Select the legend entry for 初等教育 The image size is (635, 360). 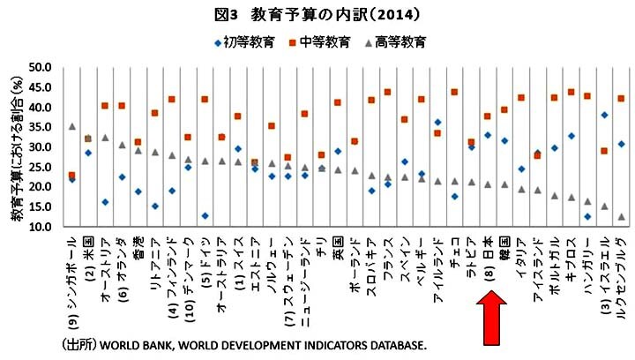244,41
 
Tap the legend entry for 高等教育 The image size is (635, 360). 400,41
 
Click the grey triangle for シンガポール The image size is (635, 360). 71,126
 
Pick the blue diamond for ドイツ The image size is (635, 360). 205,215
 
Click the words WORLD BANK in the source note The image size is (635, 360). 145,344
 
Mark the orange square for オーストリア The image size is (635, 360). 105,106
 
